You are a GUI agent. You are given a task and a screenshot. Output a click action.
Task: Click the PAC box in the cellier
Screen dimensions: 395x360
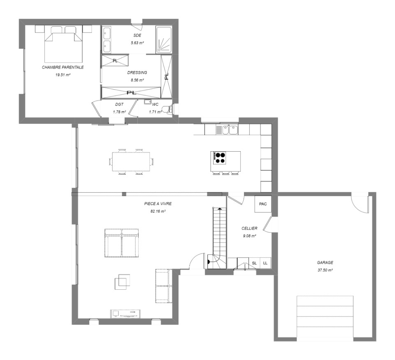click(x=263, y=204)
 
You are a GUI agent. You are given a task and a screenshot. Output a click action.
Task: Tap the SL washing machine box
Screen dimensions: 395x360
click(x=254, y=263)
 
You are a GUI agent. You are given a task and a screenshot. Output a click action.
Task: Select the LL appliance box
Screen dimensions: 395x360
click(x=265, y=263)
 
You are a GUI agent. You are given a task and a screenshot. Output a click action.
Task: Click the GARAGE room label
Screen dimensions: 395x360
click(x=325, y=263)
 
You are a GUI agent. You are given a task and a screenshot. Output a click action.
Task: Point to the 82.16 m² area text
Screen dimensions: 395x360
click(x=158, y=211)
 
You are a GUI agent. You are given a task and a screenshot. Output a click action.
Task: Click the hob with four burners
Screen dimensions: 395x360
click(x=220, y=158)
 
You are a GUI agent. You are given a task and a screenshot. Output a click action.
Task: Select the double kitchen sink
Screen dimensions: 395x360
click(x=230, y=129)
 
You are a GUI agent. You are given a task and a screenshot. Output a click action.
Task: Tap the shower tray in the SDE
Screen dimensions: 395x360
click(x=164, y=40)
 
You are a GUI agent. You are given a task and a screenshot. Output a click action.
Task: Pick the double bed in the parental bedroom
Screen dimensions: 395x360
click(x=63, y=44)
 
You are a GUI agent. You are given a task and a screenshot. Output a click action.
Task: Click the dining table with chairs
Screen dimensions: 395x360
click(x=131, y=161)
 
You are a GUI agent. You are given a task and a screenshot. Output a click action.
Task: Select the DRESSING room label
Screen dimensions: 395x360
click(x=137, y=73)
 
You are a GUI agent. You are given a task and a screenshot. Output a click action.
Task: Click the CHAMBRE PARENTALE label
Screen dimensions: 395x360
click(x=63, y=67)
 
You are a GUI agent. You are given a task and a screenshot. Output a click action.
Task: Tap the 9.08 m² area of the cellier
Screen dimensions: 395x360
click(x=249, y=236)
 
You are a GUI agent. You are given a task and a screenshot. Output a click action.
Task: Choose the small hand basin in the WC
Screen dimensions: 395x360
click(x=147, y=102)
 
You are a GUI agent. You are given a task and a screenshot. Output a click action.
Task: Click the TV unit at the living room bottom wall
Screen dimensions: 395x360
click(x=125, y=314)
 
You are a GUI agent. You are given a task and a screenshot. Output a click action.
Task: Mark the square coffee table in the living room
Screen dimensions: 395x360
click(x=123, y=282)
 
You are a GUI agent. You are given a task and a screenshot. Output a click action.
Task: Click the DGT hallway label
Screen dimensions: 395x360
click(x=119, y=104)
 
